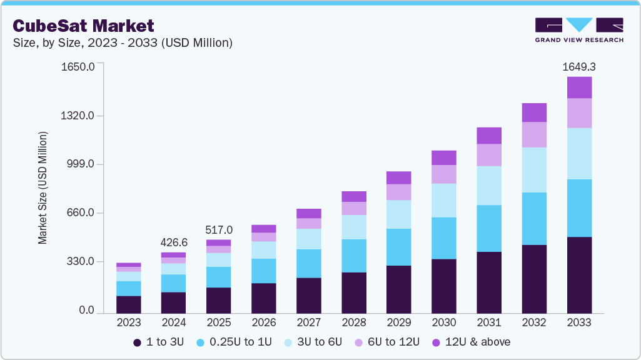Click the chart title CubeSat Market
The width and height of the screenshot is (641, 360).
[x=83, y=26]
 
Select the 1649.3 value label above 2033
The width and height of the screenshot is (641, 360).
[x=579, y=66]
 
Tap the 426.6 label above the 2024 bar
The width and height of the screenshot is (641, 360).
[x=174, y=242]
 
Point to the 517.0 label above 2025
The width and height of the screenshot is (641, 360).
[x=219, y=229]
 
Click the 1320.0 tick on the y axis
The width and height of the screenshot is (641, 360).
[x=78, y=116]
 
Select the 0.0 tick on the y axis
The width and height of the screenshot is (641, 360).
[x=87, y=311]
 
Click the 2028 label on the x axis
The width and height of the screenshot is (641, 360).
[x=354, y=322]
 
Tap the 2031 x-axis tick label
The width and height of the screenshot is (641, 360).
[x=489, y=322]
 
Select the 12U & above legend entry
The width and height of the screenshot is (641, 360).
[x=471, y=342]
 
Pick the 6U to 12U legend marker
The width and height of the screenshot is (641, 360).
[x=360, y=342]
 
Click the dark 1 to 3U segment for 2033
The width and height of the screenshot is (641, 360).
[x=579, y=275]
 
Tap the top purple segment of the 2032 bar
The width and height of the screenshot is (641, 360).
[x=534, y=112]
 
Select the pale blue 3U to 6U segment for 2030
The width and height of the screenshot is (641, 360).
[x=444, y=200]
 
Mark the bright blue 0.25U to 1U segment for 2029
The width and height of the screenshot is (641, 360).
[x=399, y=247]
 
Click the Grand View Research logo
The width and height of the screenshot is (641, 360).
[x=578, y=29]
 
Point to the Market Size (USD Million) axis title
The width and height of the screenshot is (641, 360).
[x=43, y=187]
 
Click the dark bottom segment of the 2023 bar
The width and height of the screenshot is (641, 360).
[x=129, y=304]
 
